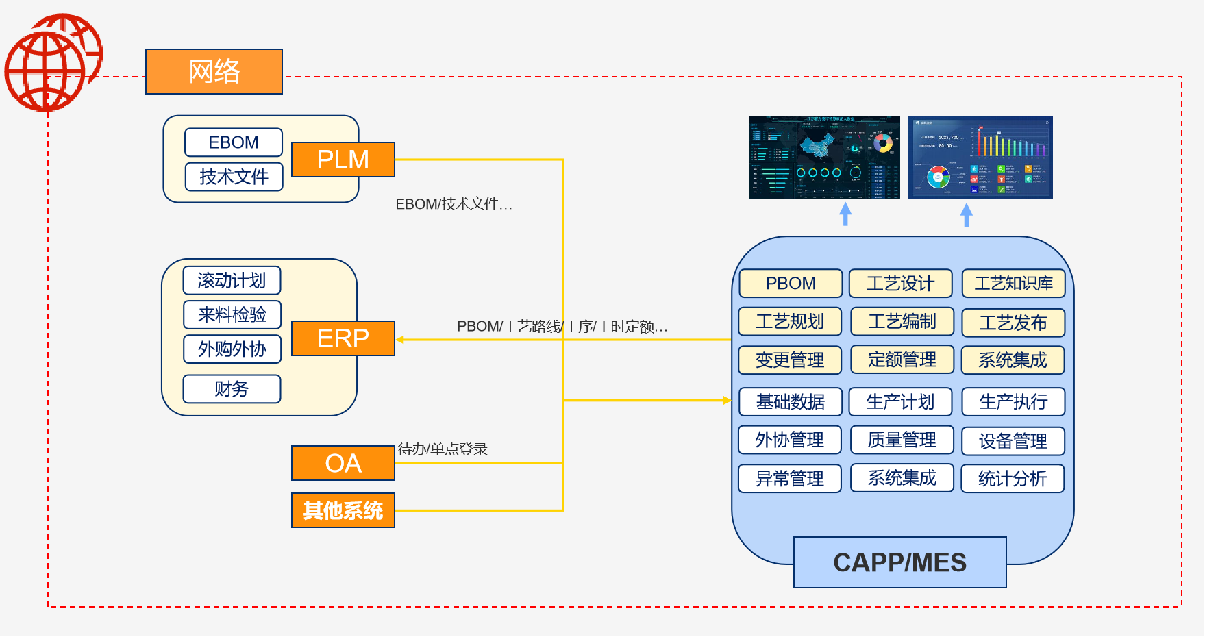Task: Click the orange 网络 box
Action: coord(214,71)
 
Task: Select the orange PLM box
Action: coord(343,160)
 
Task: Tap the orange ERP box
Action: coord(343,338)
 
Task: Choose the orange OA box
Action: coord(343,464)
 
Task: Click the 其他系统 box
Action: coord(343,510)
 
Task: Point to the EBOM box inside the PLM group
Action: coord(233,142)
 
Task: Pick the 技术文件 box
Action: coord(233,177)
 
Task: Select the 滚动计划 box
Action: coord(232,280)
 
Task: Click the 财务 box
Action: coord(232,389)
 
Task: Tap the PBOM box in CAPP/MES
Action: coord(790,284)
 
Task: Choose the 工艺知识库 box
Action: coord(1013,284)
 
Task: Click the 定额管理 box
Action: coord(902,360)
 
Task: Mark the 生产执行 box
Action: coord(1013,402)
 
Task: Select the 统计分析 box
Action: coord(1013,479)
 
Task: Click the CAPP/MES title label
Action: coord(899,562)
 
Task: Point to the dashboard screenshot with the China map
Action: coord(824,158)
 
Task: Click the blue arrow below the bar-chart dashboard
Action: coord(966,214)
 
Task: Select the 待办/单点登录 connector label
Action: coord(443,449)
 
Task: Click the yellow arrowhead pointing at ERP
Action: coord(400,339)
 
